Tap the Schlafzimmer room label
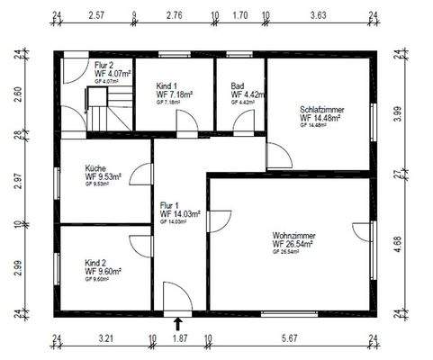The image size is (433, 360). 322,110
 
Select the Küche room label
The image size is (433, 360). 95,168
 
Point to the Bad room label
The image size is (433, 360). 238,85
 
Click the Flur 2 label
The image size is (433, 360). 104,65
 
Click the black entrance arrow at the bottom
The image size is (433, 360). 177,323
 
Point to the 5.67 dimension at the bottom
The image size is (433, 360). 289,339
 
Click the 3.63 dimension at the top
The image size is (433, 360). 319,15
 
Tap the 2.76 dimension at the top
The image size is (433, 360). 175,15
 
